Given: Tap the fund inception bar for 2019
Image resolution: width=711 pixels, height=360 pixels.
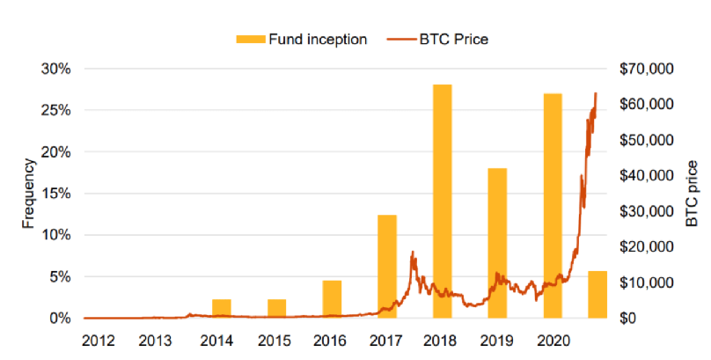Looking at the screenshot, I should pyautogui.click(x=498, y=242).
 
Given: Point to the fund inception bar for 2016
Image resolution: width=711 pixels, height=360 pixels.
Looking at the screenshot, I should pyautogui.click(x=332, y=298).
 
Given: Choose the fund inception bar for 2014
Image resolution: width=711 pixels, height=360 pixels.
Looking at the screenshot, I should pyautogui.click(x=222, y=308).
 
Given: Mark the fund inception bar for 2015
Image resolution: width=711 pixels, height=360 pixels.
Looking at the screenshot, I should pyautogui.click(x=277, y=308).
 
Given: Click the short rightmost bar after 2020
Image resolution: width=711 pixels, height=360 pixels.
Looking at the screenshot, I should pyautogui.click(x=597, y=294).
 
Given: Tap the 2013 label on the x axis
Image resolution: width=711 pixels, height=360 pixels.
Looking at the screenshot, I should pyautogui.click(x=155, y=339).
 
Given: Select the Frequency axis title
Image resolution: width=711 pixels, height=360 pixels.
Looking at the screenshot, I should pyautogui.click(x=29, y=194).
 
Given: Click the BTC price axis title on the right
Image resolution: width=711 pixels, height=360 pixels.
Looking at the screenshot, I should pyautogui.click(x=693, y=194).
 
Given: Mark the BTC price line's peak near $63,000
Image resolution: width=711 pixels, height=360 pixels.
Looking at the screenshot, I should pyautogui.click(x=596, y=93).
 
